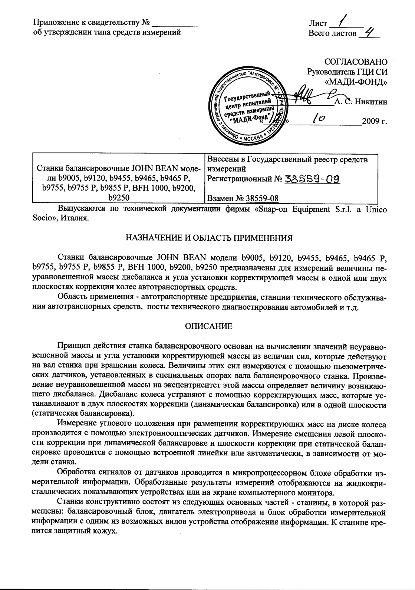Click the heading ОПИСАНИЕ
(209, 326)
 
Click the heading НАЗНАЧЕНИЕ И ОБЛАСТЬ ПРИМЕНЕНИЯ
(209, 238)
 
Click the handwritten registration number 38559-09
(312, 179)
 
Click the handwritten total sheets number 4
(369, 33)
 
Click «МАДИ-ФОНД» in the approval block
(356, 82)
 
